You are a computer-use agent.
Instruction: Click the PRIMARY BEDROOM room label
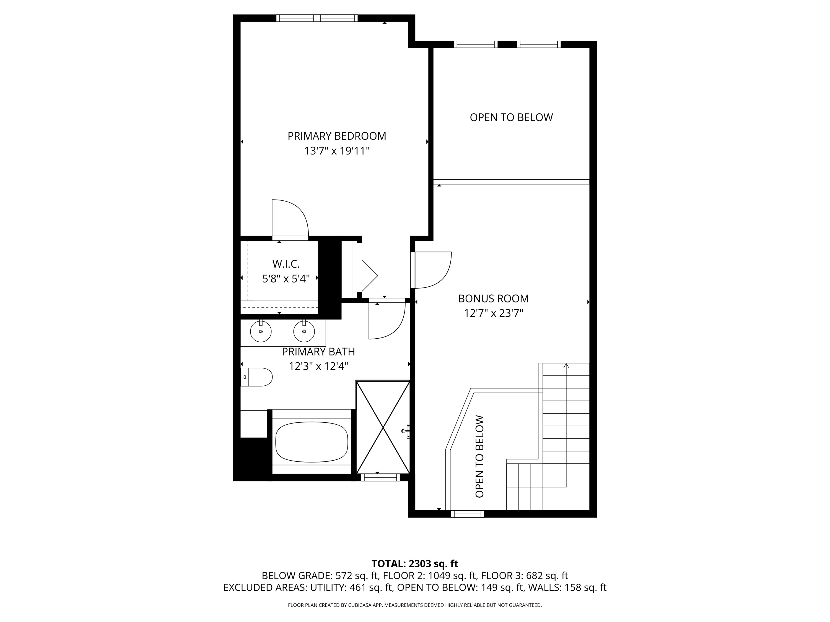tap(337, 136)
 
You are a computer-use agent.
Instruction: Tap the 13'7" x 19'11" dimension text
tap(337, 151)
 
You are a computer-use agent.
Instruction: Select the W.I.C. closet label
tap(286, 264)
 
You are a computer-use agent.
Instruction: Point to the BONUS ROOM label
tap(493, 299)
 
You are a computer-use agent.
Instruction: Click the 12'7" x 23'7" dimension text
tap(493, 313)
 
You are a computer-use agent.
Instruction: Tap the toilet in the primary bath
tap(257, 377)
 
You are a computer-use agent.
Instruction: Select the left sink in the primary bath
tap(260, 331)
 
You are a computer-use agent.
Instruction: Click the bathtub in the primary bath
tap(312, 442)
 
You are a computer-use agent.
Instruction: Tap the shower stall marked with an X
tap(383, 427)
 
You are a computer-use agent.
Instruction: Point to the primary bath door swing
tap(387, 321)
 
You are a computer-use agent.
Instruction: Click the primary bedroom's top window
tap(317, 18)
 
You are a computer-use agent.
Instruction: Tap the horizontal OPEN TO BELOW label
tap(511, 118)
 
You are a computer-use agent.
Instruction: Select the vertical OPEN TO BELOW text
tap(479, 456)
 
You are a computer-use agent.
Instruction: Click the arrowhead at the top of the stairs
tap(566, 365)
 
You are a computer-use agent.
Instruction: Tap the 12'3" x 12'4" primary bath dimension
tap(318, 366)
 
